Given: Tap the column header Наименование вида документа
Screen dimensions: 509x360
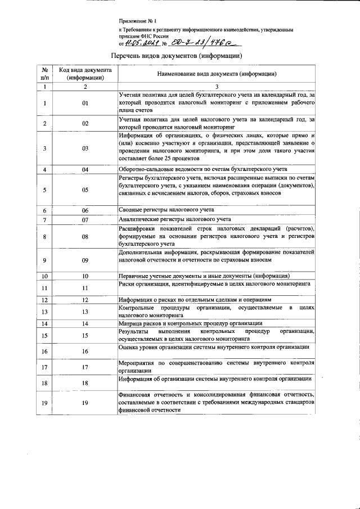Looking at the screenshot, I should click(x=217, y=74).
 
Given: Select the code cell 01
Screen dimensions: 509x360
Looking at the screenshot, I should click(x=85, y=103).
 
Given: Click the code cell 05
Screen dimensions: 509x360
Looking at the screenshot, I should click(x=85, y=190).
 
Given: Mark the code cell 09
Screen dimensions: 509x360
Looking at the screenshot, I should click(x=85, y=260).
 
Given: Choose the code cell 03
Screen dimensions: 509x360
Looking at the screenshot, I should click(x=85, y=148).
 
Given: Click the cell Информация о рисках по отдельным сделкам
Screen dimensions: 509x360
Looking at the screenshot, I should click(x=195, y=300).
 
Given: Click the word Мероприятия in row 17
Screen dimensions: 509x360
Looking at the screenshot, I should click(x=135, y=364).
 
